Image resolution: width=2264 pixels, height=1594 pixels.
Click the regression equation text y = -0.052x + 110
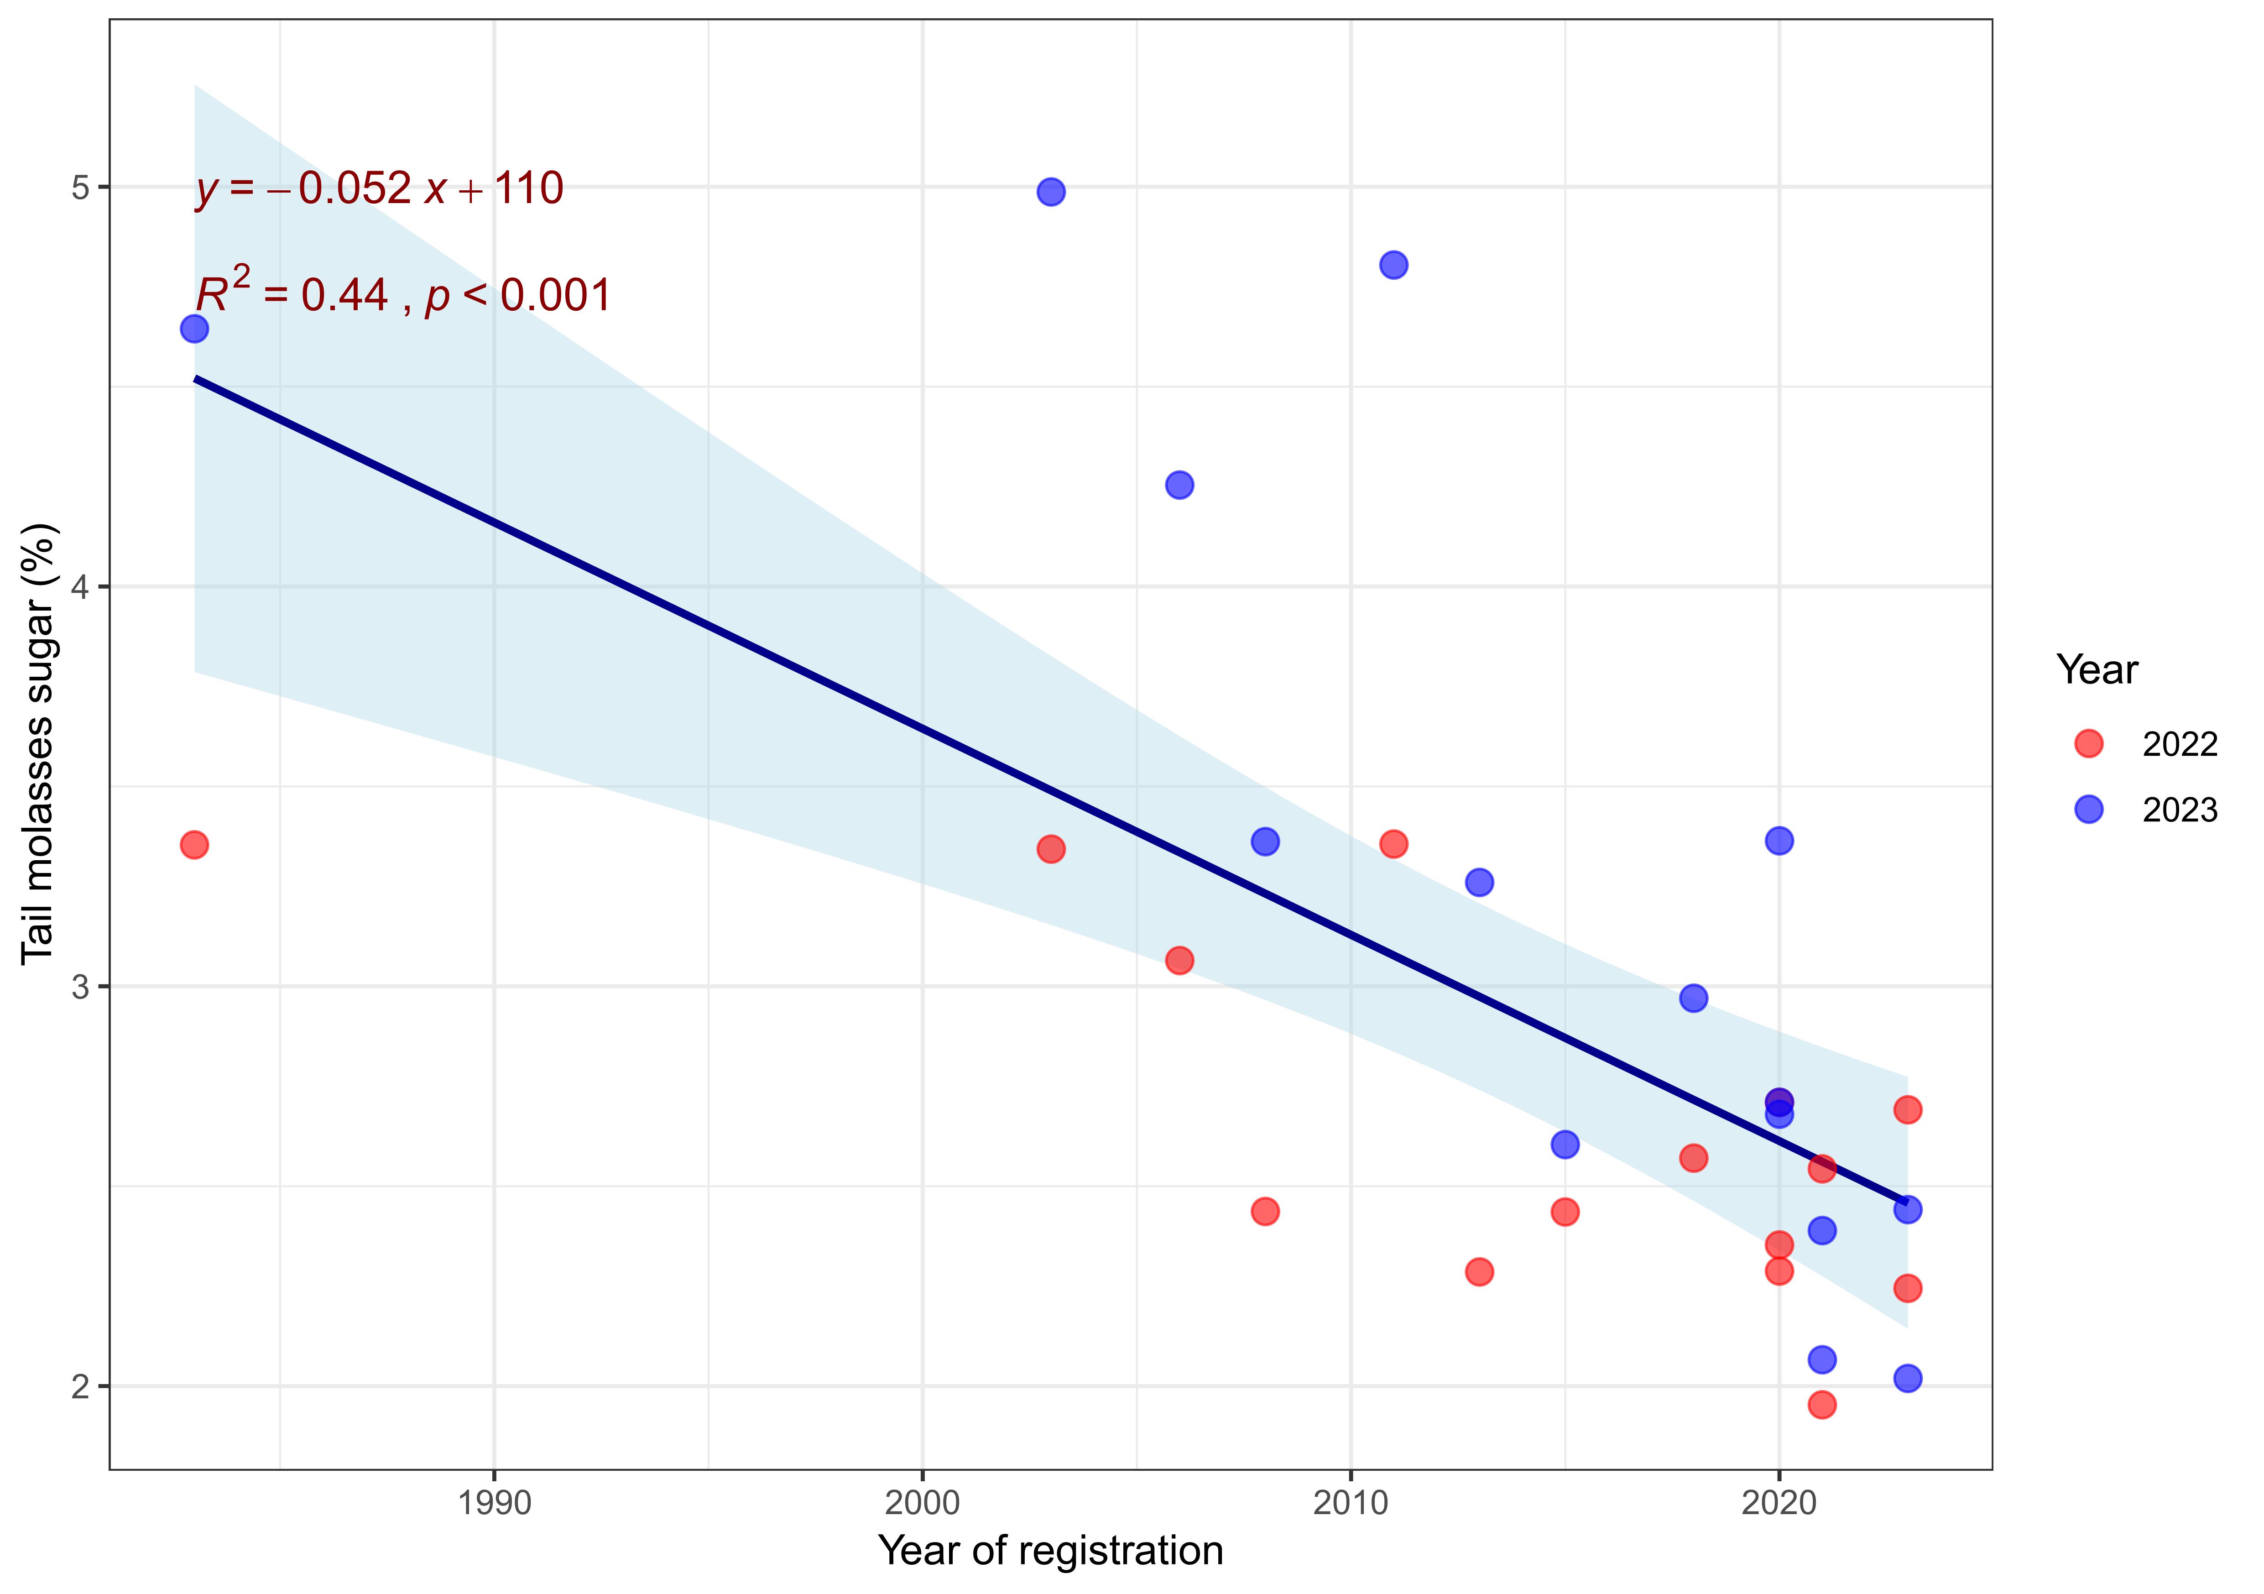click(380, 188)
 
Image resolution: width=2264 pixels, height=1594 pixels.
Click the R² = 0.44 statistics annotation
click(402, 294)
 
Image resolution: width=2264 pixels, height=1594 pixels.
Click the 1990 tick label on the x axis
click(494, 1503)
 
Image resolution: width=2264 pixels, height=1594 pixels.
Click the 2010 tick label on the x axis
click(1350, 1503)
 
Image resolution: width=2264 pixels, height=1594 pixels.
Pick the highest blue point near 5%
click(1051, 191)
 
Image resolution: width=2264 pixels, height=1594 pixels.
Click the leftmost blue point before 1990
click(194, 329)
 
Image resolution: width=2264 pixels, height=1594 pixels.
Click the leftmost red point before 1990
click(194, 844)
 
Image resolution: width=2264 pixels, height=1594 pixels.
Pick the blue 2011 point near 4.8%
click(1393, 264)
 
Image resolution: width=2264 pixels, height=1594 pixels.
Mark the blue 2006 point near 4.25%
click(1179, 484)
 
